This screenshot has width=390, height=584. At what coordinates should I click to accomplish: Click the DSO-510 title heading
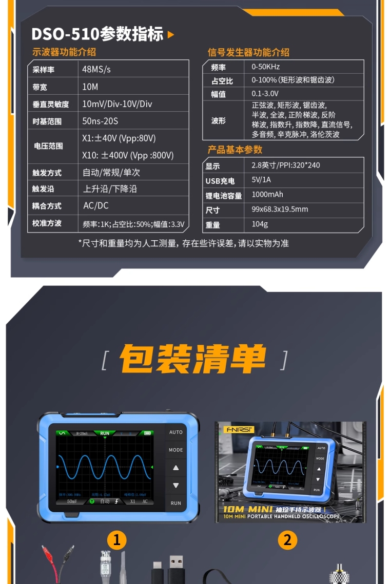[x=98, y=34]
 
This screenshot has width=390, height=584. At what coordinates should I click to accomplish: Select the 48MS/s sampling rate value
[x=96, y=69]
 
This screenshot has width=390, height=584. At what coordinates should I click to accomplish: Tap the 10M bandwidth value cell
[x=90, y=87]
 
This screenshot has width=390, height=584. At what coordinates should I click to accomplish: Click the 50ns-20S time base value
[x=100, y=121]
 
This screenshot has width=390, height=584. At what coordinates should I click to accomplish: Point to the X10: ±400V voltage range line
[x=128, y=155]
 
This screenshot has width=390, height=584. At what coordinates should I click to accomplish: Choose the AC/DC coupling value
[x=96, y=205]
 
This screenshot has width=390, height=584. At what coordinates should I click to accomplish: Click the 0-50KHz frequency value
[x=265, y=67]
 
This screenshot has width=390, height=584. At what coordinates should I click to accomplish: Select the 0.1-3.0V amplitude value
[x=265, y=94]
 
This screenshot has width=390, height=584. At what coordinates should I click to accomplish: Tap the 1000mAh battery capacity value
[x=267, y=195]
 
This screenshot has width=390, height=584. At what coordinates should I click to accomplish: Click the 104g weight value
[x=259, y=224]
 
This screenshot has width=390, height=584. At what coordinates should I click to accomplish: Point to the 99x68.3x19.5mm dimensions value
[x=280, y=209]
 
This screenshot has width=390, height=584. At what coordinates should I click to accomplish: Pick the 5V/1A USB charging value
[x=261, y=180]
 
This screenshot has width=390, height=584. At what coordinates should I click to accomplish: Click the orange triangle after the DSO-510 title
[x=171, y=35]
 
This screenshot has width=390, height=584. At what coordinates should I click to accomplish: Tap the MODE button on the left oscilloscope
[x=176, y=450]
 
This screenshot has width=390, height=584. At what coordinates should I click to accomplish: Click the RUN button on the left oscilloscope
[x=176, y=503]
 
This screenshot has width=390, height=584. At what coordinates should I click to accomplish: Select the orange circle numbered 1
[x=117, y=539]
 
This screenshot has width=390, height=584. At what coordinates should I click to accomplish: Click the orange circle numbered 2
[x=287, y=539]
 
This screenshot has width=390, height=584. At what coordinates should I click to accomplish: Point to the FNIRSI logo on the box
[x=235, y=429]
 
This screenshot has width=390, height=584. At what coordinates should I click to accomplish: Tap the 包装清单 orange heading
[x=193, y=359]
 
